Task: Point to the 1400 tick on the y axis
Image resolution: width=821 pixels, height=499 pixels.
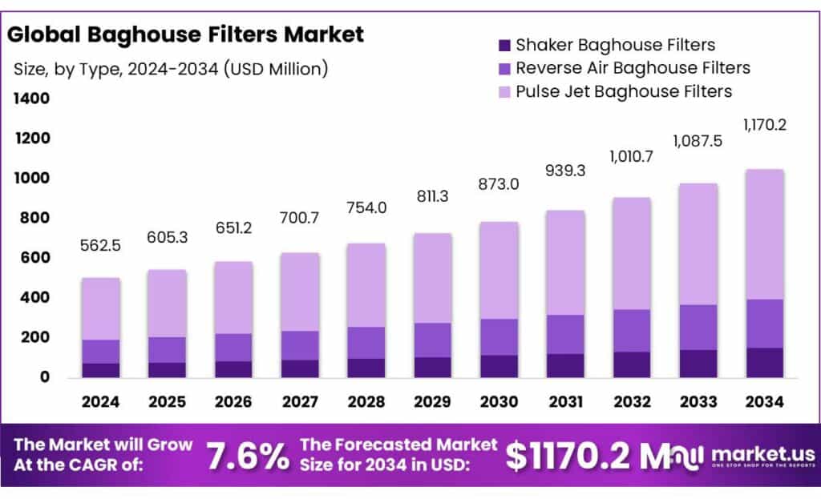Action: tap(30, 99)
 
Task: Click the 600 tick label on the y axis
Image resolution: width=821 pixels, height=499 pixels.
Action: tap(34, 258)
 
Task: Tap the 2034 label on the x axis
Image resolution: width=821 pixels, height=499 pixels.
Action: tap(763, 401)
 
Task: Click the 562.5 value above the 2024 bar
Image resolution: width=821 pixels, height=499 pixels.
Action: tap(101, 247)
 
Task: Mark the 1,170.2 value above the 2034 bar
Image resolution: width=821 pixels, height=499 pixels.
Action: tap(763, 125)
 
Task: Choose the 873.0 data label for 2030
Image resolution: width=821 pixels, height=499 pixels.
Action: tap(498, 184)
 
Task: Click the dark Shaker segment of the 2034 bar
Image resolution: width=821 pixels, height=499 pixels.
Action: tap(763, 362)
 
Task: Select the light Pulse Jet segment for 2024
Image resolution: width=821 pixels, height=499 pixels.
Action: tap(101, 308)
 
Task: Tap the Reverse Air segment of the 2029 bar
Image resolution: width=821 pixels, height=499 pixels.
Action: tap(431, 340)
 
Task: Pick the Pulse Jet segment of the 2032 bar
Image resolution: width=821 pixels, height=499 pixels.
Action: tap(630, 253)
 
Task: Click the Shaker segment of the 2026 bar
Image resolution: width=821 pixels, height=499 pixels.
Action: tap(233, 368)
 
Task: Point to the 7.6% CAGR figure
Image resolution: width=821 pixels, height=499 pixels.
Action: tap(249, 456)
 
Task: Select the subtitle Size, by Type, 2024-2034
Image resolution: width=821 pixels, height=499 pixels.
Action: tap(171, 69)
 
